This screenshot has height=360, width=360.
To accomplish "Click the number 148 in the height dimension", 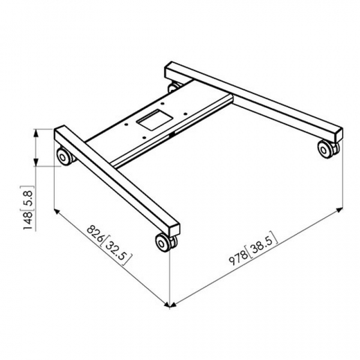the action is pyautogui.click(x=28, y=221).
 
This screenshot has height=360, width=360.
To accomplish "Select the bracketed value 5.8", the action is pyautogui.click(x=28, y=197).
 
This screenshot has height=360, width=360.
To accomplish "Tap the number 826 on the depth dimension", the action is pyautogui.click(x=95, y=233).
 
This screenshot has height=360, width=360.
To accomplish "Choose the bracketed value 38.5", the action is pyautogui.click(x=263, y=244).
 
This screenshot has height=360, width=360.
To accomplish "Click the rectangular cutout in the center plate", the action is pyautogui.click(x=155, y=120).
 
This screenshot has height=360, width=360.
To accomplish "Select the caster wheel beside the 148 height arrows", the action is pyautogui.click(x=64, y=156).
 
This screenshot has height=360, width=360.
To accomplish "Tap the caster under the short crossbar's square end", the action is pyautogui.click(x=165, y=242).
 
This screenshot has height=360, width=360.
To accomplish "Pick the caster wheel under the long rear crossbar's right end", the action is pyautogui.click(x=328, y=148).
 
